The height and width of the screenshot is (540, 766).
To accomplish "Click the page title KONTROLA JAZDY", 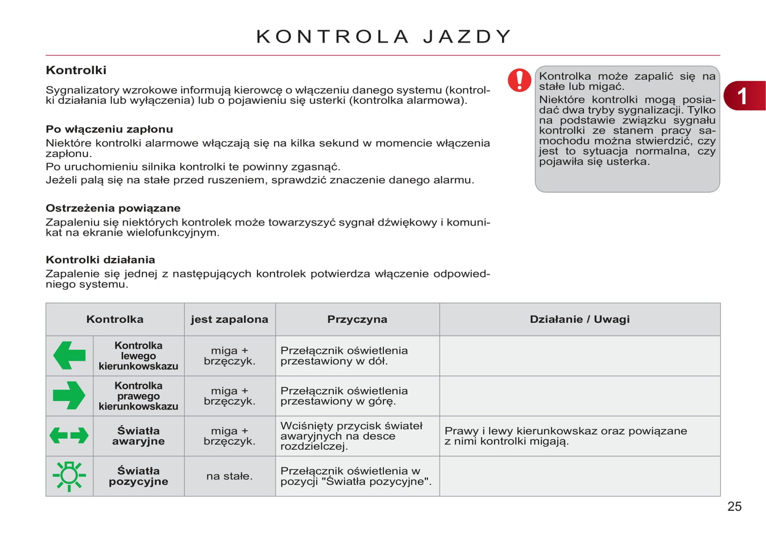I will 383,37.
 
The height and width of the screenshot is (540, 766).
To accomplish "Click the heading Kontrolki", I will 76,70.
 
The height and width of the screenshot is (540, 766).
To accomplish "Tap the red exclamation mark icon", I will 519,80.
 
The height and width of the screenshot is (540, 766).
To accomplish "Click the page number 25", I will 734,506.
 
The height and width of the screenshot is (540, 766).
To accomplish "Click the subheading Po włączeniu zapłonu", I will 109,129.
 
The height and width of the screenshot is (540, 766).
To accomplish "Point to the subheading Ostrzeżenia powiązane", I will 113,208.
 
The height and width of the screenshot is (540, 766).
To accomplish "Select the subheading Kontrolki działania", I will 100,260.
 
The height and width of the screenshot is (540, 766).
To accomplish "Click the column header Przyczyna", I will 357,319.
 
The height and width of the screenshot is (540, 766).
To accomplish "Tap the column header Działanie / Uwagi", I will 579,319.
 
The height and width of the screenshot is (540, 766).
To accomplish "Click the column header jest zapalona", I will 230,319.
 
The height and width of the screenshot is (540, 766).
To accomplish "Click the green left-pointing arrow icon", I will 69,356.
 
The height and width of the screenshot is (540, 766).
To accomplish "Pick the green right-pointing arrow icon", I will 69,395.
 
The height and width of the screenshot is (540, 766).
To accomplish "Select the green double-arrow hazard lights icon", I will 69,436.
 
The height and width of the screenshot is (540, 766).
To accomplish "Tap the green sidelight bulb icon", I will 69,475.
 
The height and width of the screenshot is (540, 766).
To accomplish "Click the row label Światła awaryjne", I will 138,436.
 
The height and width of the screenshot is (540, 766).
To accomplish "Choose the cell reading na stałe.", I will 230,476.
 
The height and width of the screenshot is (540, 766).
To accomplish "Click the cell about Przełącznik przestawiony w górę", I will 344,396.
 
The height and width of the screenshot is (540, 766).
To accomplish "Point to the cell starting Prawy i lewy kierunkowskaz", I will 565,436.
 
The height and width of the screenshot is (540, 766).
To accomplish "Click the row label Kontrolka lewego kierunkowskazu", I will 138,356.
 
